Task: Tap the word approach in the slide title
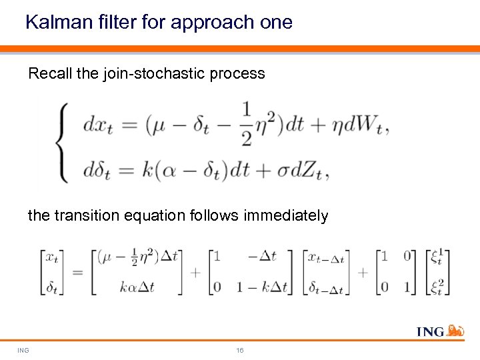(x=211, y=23)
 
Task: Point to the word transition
(x=85, y=216)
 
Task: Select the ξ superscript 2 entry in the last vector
(x=437, y=286)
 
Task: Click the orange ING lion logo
(x=455, y=330)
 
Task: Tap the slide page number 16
(x=240, y=350)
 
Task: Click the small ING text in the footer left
(x=23, y=350)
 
